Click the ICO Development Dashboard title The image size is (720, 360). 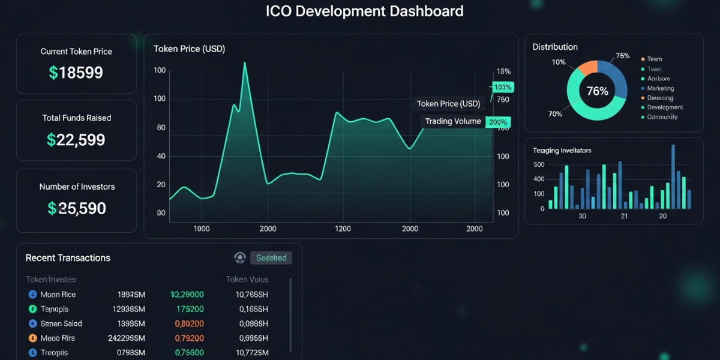365,11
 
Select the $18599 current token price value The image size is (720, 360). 76,73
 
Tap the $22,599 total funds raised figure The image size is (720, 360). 76,140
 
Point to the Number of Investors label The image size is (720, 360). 77,187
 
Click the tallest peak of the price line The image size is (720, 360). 245,63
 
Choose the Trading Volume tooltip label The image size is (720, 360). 453,121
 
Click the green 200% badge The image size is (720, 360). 498,122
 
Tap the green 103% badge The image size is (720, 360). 503,88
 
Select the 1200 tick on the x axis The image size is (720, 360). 343,229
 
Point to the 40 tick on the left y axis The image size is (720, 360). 161,156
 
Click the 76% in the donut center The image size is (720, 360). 597,91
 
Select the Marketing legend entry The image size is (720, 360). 661,88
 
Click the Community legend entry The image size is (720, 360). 662,117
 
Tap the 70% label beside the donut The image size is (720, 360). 555,113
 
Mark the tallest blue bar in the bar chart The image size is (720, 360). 673,176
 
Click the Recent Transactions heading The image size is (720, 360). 68,258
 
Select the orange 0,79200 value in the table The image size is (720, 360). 189,338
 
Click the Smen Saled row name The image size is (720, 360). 61,323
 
